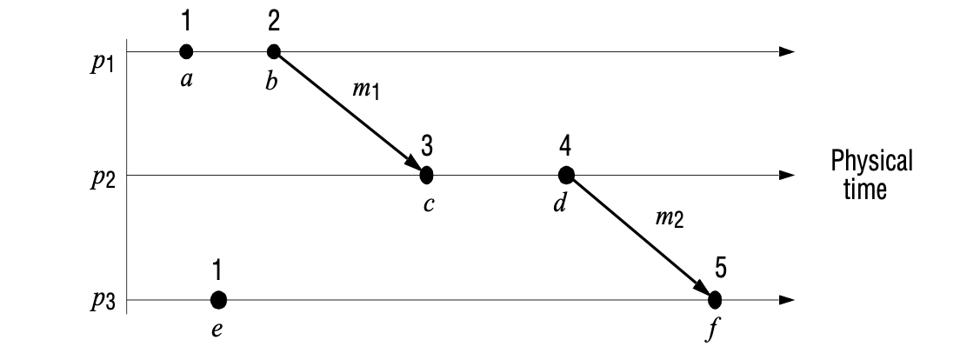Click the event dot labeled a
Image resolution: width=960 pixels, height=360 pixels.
186,51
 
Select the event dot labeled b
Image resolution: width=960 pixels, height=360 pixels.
273,51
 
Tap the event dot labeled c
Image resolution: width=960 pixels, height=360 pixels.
426,175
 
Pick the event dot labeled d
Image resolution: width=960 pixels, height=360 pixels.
566,175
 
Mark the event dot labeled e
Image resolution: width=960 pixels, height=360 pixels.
218,300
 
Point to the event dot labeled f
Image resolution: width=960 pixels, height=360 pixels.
715,300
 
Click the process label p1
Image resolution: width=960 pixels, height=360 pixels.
102,66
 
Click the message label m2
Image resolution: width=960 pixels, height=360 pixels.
669,217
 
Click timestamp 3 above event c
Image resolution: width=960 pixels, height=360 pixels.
427,144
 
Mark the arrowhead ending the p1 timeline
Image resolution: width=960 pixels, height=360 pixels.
787,51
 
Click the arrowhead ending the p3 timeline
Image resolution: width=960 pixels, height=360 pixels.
787,300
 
